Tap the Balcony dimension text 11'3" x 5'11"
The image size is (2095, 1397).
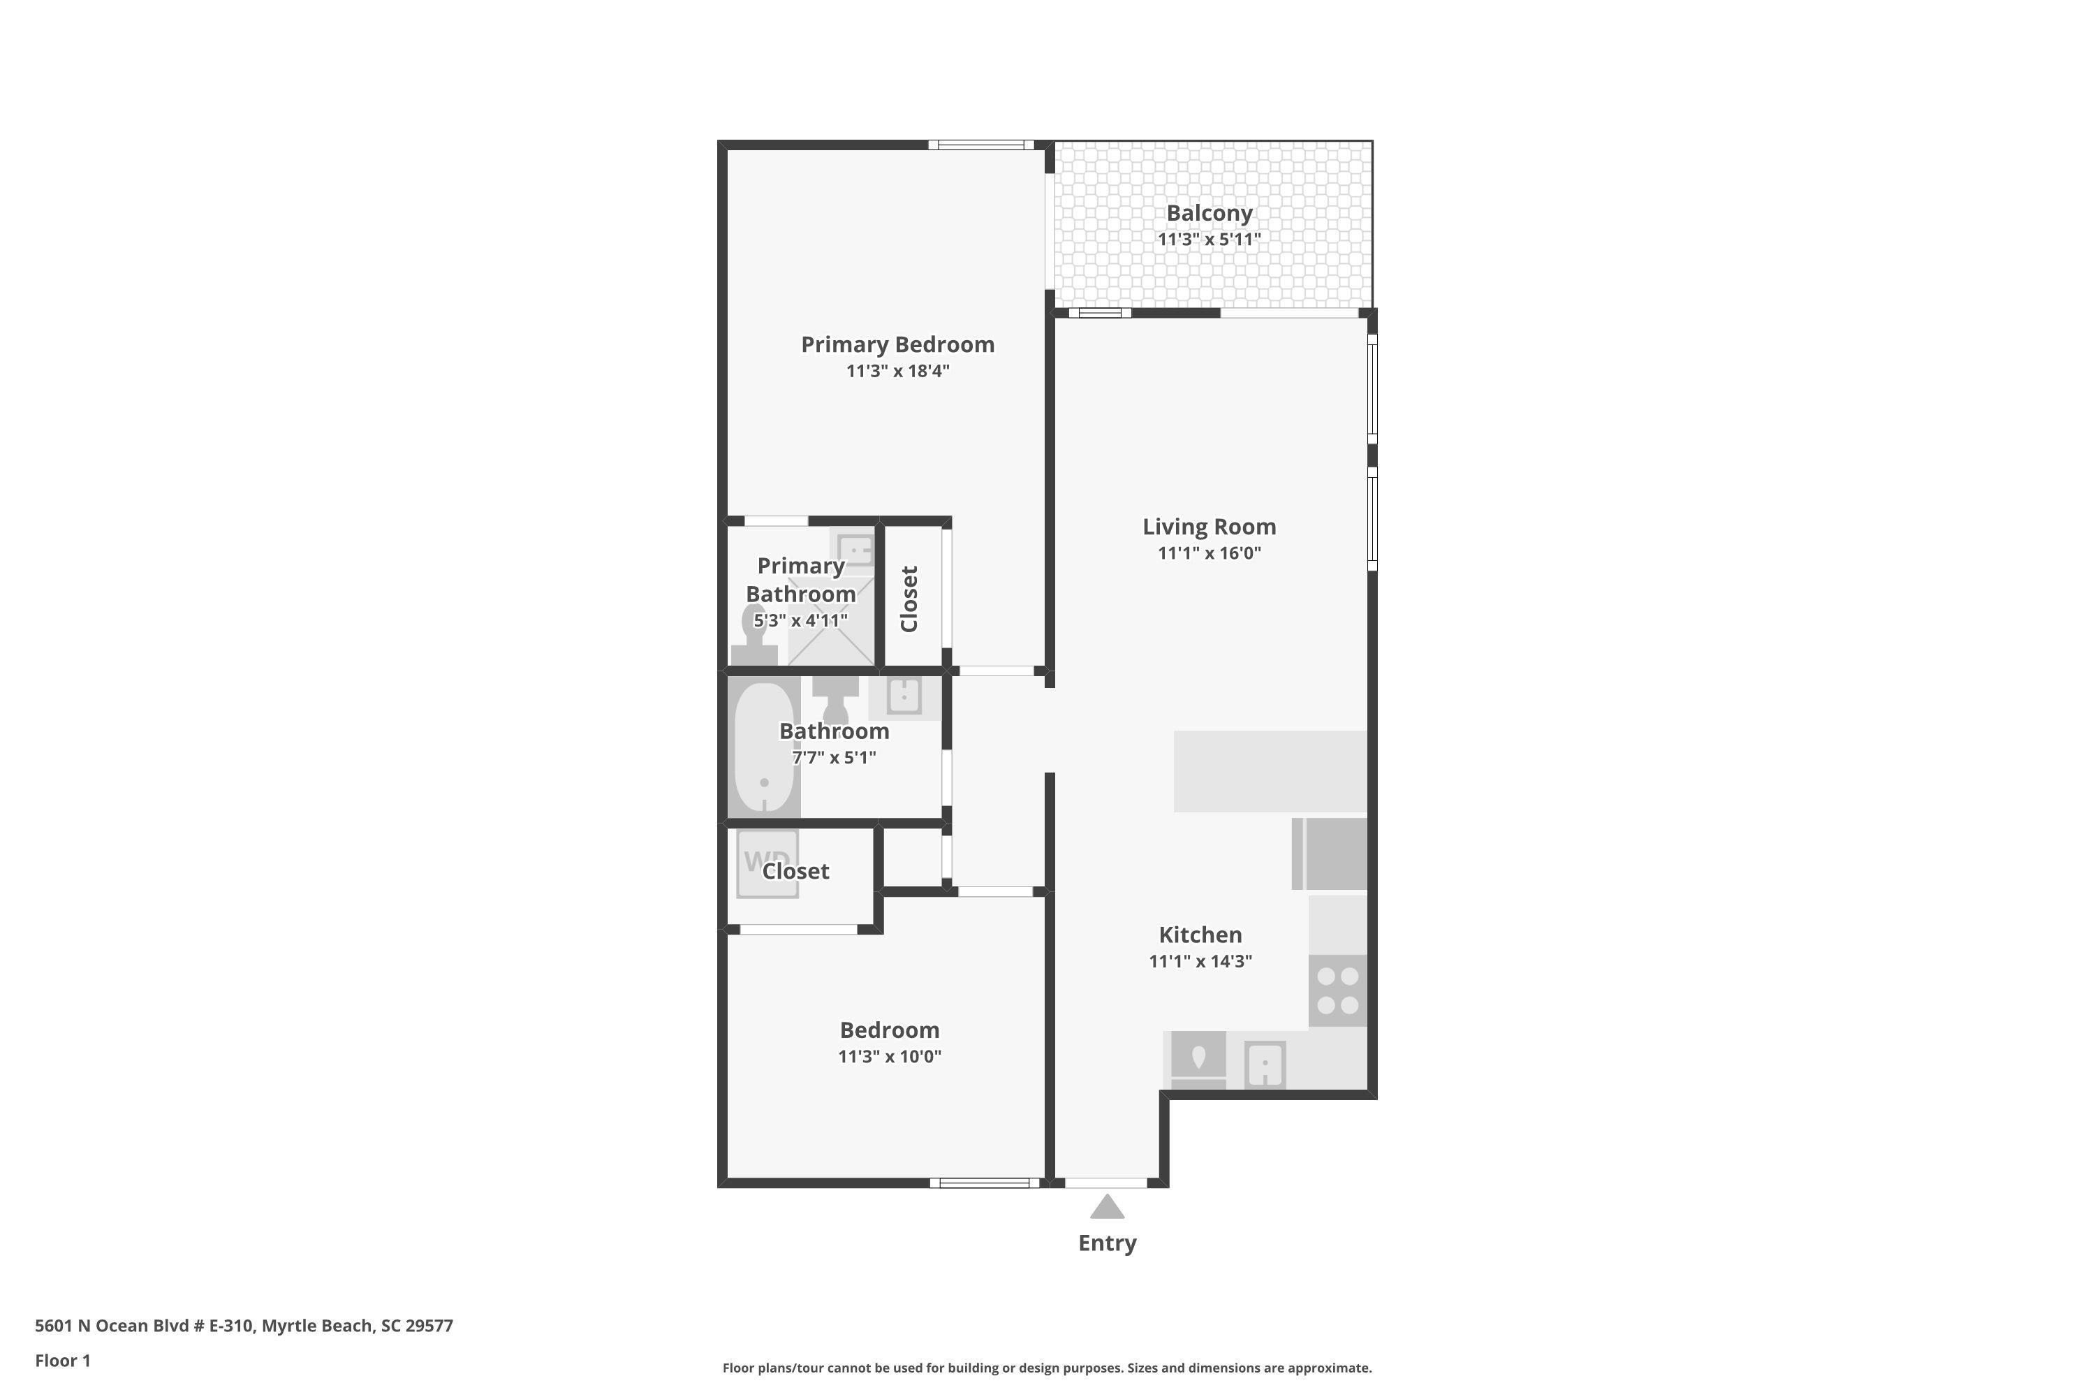[x=1209, y=239]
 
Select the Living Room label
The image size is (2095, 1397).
[x=1209, y=527]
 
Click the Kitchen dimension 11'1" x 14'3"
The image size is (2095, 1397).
[x=1200, y=961]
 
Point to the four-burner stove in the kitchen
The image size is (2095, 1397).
[x=1338, y=990]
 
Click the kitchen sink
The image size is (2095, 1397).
[x=1265, y=1064]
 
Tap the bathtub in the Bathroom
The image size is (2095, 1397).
[x=763, y=747]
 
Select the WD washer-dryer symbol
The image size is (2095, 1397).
[x=767, y=863]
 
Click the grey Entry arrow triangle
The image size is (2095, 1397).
[x=1107, y=1207]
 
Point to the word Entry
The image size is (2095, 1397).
[x=1107, y=1243]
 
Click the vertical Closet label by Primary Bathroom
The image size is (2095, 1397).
[x=909, y=599]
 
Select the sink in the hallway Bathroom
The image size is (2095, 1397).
[x=904, y=696]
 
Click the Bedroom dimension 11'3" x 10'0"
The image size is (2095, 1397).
[x=889, y=1057]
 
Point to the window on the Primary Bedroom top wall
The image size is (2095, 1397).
[x=980, y=145]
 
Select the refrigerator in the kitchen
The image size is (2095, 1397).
[x=1329, y=854]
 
